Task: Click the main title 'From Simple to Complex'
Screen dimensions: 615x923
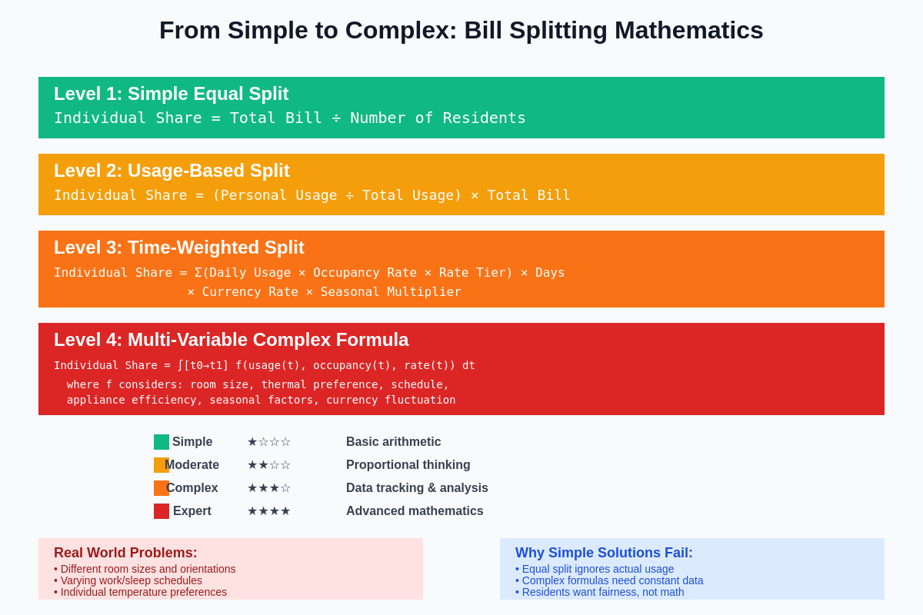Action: coord(461,30)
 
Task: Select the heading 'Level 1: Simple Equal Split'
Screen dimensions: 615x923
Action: coord(171,94)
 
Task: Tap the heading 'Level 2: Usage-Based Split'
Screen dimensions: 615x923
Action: coord(172,171)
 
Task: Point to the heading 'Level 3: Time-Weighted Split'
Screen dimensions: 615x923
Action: coord(178,248)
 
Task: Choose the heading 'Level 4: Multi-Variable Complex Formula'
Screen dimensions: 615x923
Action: coord(231,340)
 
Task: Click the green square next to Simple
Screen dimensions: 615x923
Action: coord(162,442)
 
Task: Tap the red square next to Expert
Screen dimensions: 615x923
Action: coord(162,511)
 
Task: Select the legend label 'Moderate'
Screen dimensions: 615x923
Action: coord(192,465)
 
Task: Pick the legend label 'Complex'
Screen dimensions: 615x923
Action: coord(192,488)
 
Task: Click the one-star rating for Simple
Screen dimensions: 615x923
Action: coord(268,442)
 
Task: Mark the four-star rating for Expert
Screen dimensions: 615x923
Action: coord(268,511)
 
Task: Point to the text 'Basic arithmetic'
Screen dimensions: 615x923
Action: coord(393,442)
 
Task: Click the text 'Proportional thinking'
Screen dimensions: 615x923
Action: coord(408,465)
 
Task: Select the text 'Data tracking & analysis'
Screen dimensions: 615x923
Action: coord(417,488)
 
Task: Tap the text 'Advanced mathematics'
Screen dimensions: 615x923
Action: coord(415,511)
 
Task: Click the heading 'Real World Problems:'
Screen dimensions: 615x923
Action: coord(125,553)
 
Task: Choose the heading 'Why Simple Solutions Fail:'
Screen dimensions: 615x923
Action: coord(604,553)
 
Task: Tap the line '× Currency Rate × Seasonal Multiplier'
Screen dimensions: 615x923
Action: coord(324,292)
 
